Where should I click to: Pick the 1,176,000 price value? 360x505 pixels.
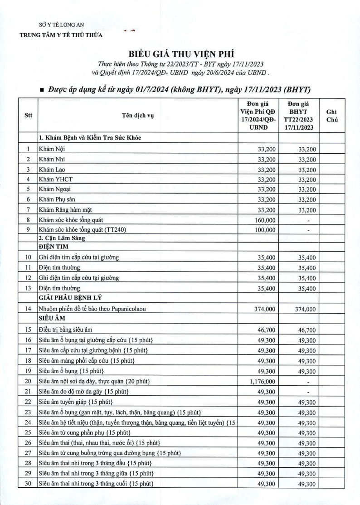[260, 382]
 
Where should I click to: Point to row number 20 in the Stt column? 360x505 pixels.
[28, 382]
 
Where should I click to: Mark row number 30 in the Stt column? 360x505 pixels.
[28, 485]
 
